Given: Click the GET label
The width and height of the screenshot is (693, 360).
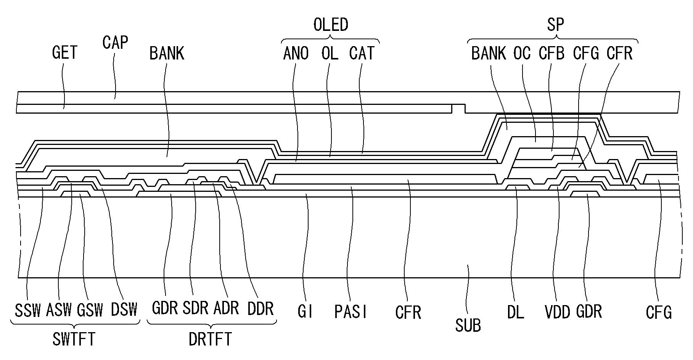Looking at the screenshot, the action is click(65, 53).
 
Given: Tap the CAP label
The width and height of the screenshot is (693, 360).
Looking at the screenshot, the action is click(115, 42).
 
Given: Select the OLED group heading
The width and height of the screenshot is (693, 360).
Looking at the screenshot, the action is click(331, 25).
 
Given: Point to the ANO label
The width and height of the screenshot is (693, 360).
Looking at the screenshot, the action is click(296, 53).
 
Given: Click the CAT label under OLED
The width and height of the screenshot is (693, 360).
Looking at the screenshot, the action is click(362, 53).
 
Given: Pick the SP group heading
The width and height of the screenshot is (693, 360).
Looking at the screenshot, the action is click(555, 25).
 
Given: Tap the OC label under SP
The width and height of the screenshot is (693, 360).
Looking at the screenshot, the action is click(522, 53).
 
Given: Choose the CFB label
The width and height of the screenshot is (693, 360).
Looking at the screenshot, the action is click(552, 53).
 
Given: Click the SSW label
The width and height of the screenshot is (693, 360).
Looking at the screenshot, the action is click(28, 310).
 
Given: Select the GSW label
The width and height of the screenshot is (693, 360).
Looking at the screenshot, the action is click(90, 310).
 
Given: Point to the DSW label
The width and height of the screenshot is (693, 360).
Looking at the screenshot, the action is click(124, 309).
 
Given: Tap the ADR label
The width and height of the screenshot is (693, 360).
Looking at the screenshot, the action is click(226, 308).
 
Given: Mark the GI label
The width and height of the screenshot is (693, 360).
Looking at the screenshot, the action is click(305, 312).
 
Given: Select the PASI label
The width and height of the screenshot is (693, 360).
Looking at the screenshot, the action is click(351, 312).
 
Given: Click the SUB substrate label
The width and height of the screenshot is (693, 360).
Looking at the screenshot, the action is click(468, 325).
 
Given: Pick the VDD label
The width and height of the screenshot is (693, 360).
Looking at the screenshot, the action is click(557, 312).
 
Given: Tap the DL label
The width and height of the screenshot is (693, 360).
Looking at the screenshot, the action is click(516, 312).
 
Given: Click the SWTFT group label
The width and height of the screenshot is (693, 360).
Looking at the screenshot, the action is click(74, 339).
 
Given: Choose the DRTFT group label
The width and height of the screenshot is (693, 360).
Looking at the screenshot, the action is click(210, 339).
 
